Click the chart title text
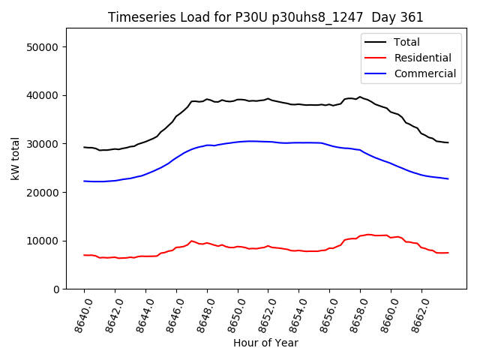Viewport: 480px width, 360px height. pos(265,17)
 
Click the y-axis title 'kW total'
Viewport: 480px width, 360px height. pos(16,159)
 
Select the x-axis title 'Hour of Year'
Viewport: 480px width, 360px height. pos(265,343)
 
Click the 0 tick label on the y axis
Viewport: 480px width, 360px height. pos(55,289)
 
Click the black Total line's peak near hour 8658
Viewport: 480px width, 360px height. pos(360,97)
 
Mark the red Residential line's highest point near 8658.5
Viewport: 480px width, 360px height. pos(368,234)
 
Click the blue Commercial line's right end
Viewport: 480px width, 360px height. pos(448,178)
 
